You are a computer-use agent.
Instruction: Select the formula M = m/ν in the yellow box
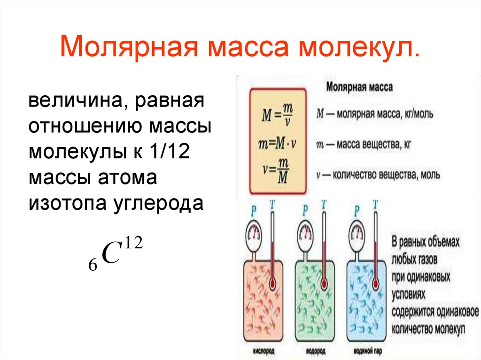278,114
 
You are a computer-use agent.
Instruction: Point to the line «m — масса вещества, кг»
364,145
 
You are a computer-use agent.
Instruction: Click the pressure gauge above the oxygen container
255,233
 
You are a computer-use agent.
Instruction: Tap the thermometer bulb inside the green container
324,284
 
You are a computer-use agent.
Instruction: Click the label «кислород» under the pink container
263,351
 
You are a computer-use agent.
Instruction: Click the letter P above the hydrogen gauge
306,207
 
